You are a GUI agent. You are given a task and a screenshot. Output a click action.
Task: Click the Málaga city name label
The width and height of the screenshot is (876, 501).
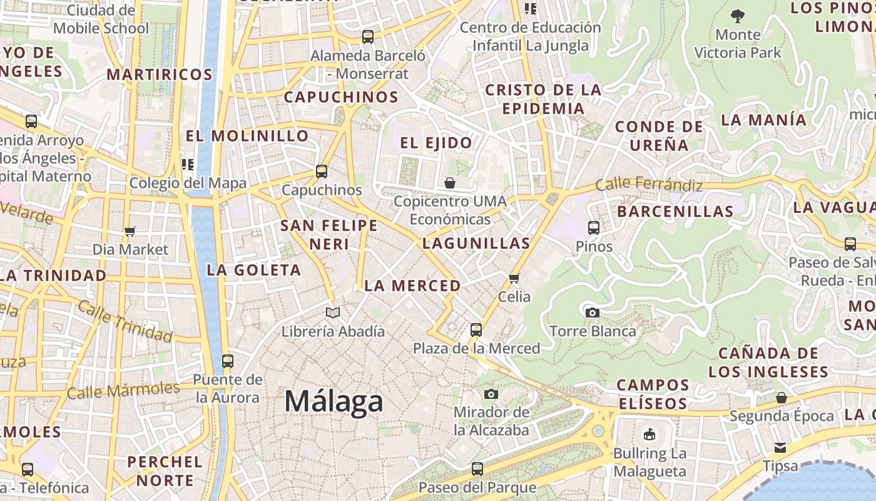pos(334,401)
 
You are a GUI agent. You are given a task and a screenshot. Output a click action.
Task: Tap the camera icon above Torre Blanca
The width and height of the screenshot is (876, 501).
pos(592,312)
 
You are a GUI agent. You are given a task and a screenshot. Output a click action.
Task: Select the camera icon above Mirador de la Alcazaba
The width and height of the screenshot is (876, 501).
pos(491,394)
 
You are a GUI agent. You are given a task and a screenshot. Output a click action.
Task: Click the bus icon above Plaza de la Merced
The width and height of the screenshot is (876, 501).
pos(476,329)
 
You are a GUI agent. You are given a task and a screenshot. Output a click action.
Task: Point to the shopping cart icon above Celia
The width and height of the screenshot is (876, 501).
pos(514,278)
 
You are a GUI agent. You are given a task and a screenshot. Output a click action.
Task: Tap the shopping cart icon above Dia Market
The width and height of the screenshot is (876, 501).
pos(130,232)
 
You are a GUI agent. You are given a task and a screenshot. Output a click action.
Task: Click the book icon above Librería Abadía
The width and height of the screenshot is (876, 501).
pos(333,312)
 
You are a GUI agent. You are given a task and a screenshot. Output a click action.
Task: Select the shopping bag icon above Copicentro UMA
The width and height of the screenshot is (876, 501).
pos(449,183)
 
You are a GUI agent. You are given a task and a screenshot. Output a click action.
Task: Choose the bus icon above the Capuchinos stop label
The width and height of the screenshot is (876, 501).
pos(322,171)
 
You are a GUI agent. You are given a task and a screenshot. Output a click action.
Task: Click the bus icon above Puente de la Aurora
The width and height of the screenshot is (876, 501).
pos(227,361)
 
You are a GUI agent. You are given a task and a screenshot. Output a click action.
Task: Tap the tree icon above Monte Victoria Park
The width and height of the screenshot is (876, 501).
pos(738,16)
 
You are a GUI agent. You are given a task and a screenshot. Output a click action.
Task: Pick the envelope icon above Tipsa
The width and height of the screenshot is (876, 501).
pos(780,447)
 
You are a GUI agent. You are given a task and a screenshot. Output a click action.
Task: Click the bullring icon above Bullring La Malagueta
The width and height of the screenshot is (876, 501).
pos(649,434)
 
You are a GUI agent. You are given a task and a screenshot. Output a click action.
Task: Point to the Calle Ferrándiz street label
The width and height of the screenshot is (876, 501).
pos(649,185)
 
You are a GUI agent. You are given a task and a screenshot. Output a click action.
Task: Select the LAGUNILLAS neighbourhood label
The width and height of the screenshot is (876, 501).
pos(476,243)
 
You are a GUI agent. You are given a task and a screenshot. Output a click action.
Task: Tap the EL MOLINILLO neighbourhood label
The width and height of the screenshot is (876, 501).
pos(247,136)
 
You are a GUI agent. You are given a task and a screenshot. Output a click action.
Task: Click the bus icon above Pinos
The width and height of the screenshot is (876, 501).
pos(594,228)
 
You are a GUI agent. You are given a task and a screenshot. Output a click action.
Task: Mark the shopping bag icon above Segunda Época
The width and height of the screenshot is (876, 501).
pos(781,398)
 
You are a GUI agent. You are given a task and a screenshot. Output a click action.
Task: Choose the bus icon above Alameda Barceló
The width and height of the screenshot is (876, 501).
pos(368,37)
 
